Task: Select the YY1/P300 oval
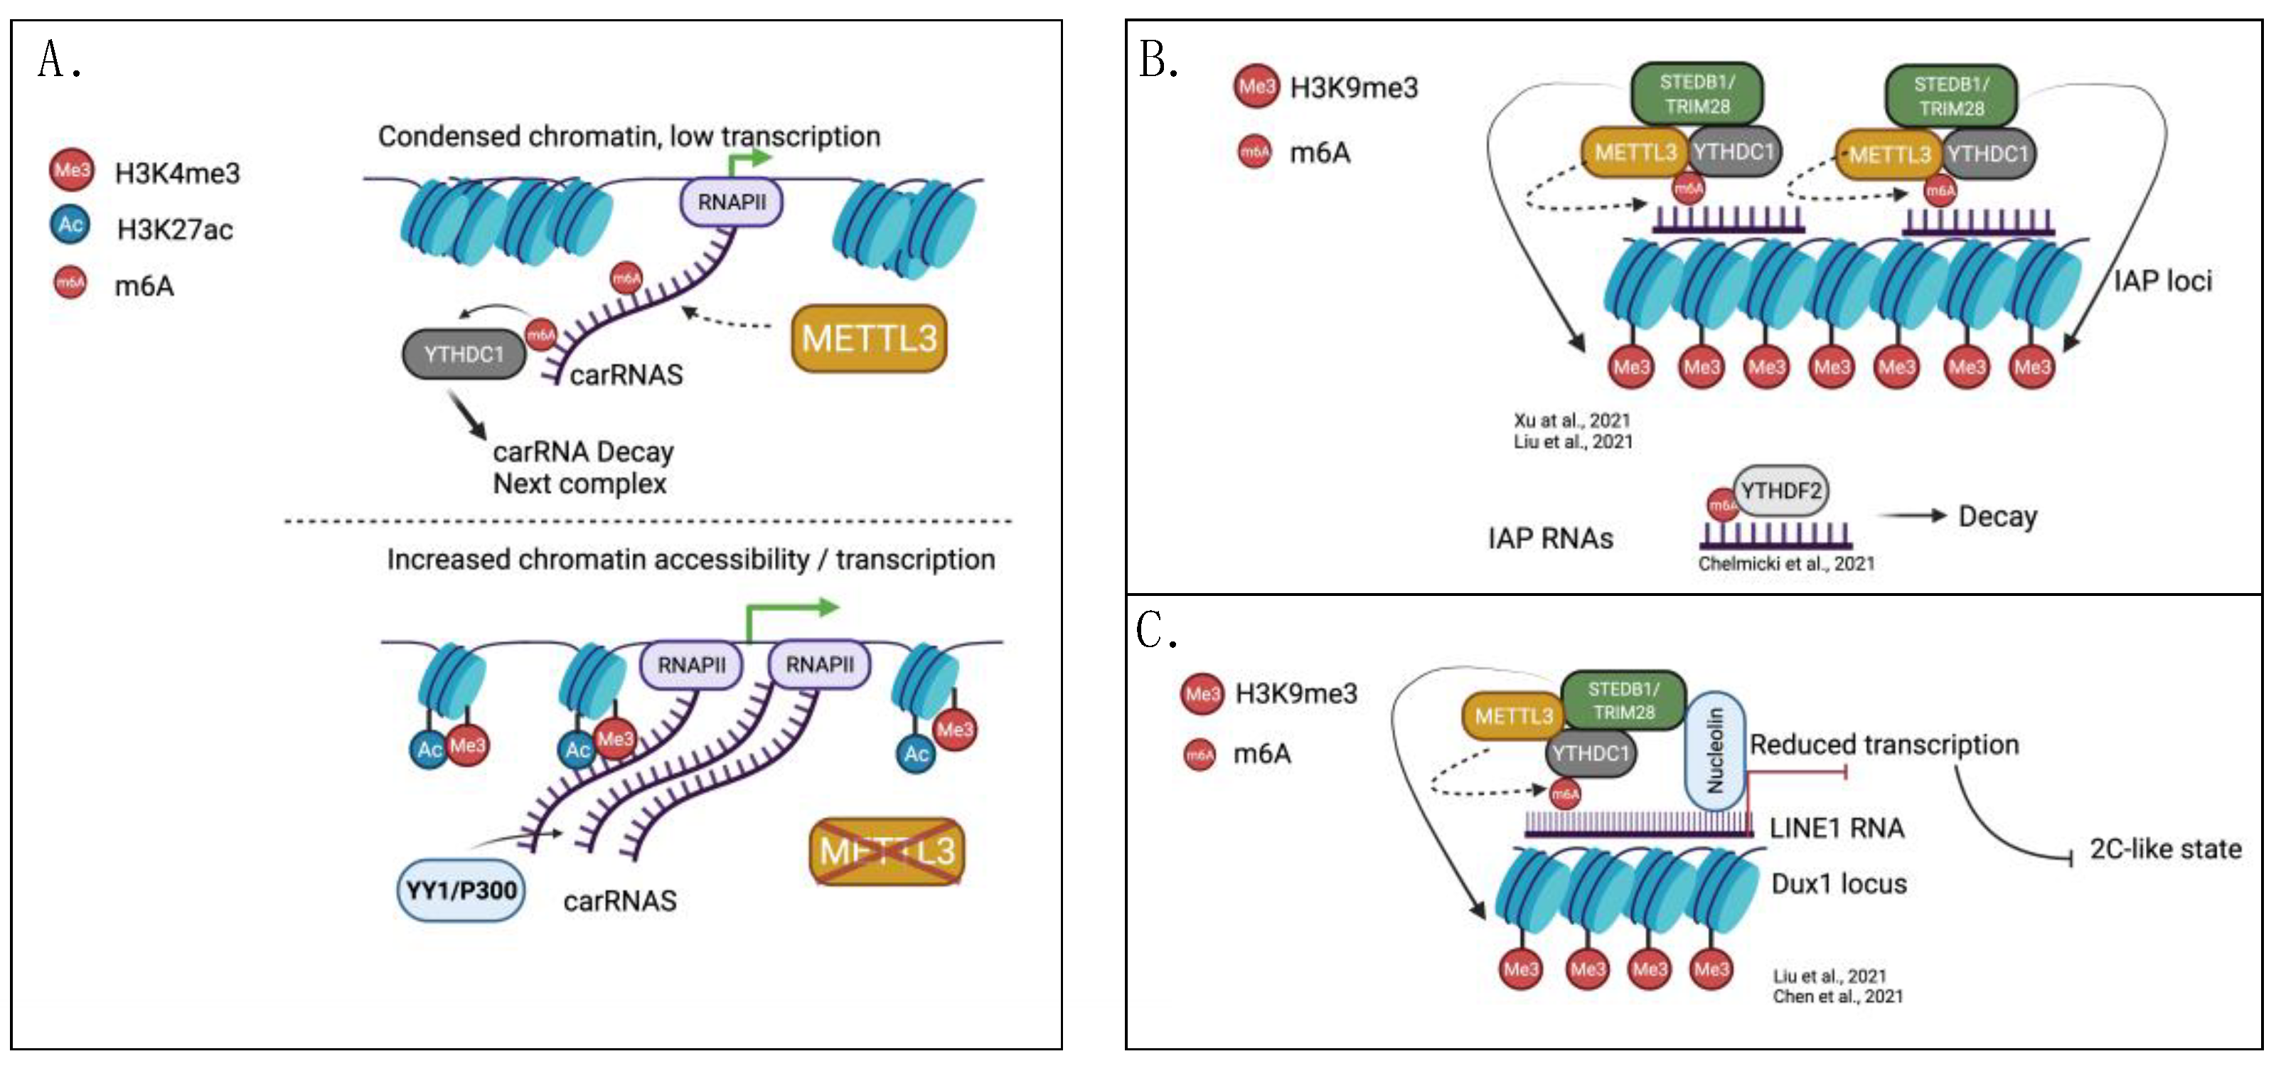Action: click(461, 890)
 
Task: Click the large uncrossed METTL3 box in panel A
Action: click(869, 339)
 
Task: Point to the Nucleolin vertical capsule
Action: click(1714, 751)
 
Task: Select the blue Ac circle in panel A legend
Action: click(71, 225)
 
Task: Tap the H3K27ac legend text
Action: click(174, 230)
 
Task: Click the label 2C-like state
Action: click(2165, 849)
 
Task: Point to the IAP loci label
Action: click(2162, 282)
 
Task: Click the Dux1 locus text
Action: click(1838, 884)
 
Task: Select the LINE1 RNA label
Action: click(1836, 828)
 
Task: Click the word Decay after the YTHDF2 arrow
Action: click(1997, 516)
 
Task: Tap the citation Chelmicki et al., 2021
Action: click(1785, 563)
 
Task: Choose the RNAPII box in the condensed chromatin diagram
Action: click(732, 202)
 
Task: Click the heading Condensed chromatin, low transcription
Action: click(629, 137)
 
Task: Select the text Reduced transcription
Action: click(1884, 745)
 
